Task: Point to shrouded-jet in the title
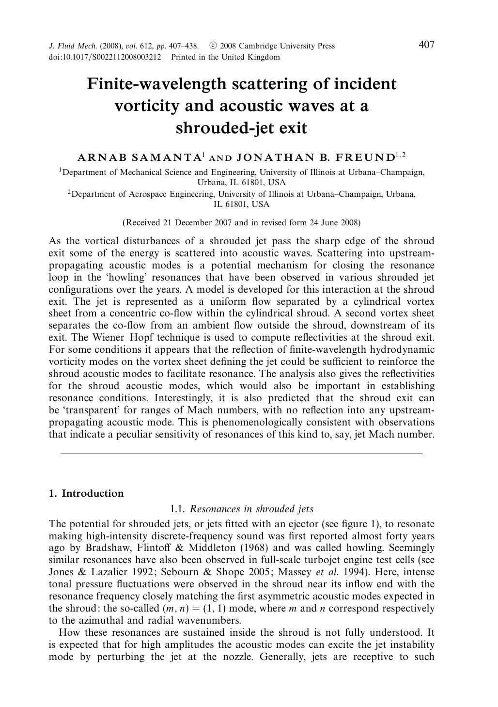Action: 241,128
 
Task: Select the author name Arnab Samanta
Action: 139,157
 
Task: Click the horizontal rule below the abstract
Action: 241,454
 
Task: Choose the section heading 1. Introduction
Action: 86,494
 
